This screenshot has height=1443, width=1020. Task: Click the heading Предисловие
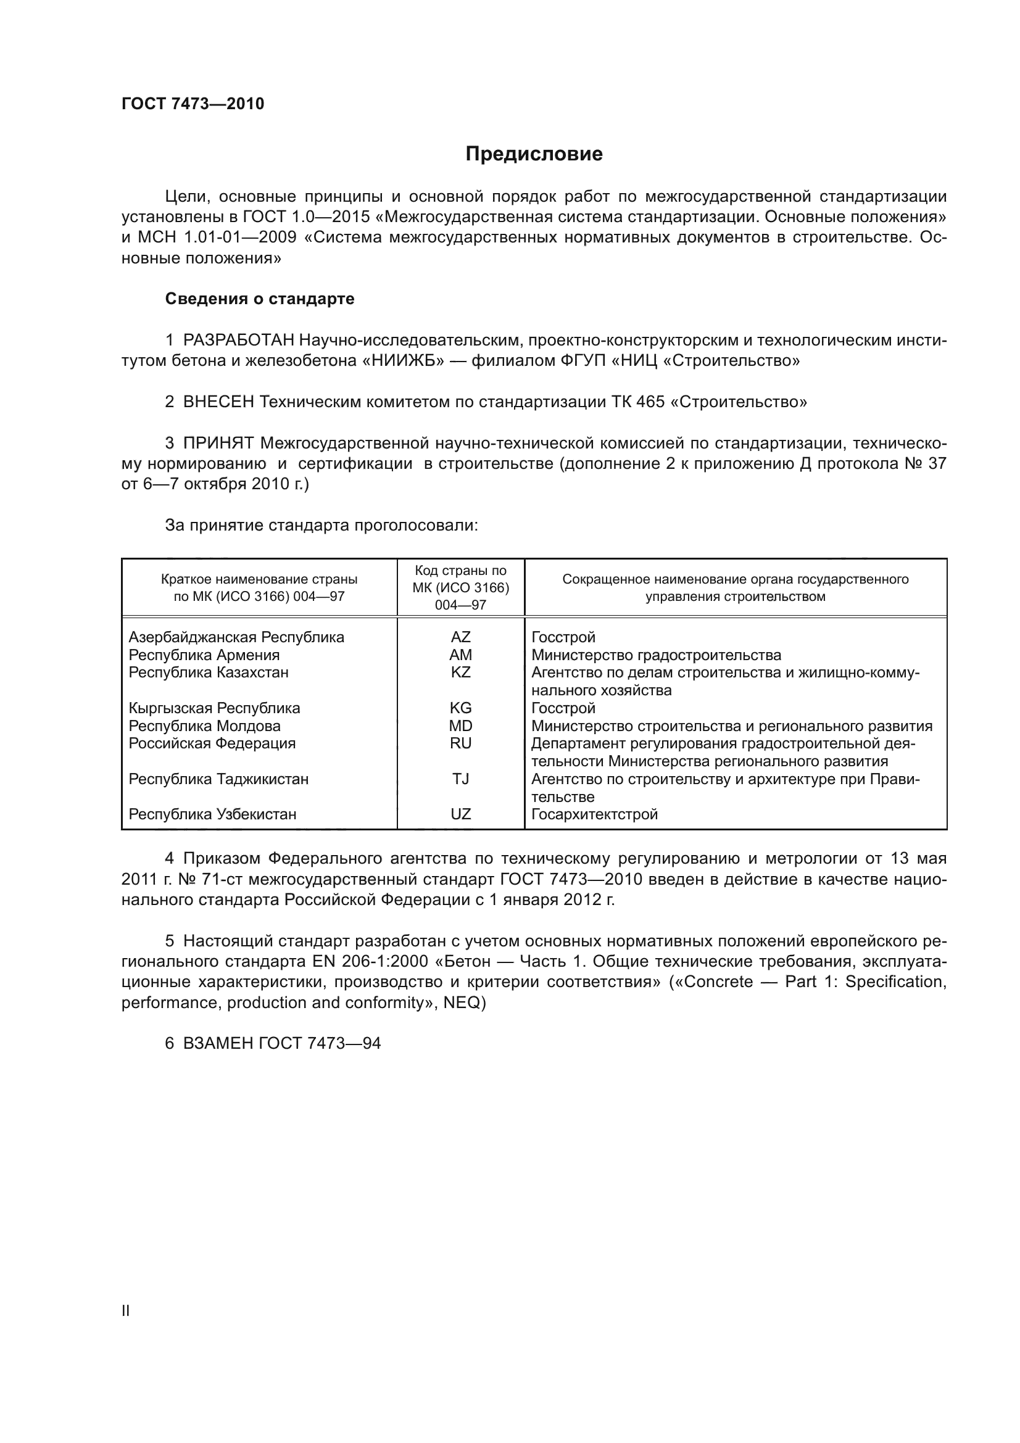(534, 154)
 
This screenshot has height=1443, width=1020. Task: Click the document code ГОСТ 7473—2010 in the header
(193, 104)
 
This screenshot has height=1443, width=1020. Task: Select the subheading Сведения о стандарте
(260, 299)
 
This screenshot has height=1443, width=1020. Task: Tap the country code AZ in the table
(460, 637)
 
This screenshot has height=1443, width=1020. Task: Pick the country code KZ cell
(460, 672)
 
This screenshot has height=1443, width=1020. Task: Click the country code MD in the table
(460, 726)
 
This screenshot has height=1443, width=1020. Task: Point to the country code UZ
(460, 814)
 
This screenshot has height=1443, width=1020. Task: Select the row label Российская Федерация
(212, 743)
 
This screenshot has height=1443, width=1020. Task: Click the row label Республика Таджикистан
(218, 779)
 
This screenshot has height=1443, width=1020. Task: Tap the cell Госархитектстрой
(594, 814)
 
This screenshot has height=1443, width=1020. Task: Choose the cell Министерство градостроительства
(655, 655)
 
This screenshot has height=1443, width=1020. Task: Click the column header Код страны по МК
(460, 587)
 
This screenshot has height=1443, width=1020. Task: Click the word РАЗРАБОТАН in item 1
(238, 340)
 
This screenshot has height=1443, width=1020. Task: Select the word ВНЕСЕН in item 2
(217, 402)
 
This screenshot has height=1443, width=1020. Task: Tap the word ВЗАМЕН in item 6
(217, 1043)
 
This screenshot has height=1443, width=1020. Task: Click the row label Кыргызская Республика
(214, 708)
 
